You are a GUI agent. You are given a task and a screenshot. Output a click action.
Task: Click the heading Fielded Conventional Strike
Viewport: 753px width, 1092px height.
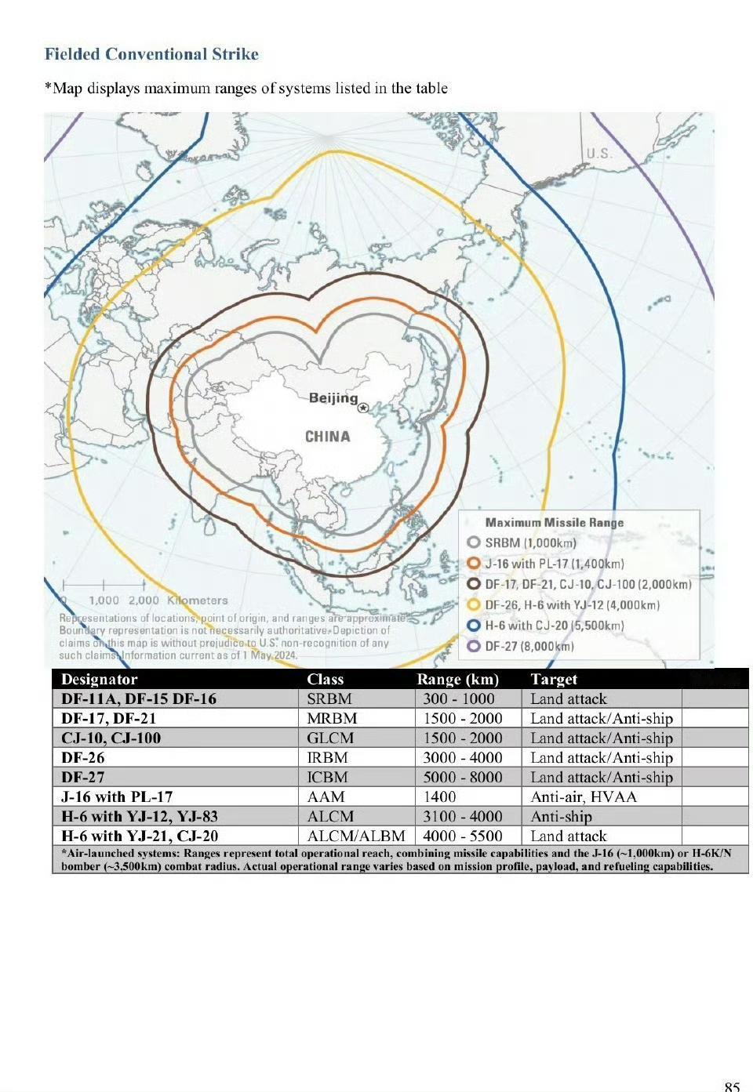point(151,54)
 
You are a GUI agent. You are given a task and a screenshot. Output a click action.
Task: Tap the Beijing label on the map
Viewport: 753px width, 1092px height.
point(333,397)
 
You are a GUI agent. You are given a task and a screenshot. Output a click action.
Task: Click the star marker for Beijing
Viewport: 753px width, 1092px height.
point(363,408)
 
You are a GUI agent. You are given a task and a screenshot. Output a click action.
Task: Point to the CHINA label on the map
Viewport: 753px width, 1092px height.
point(327,437)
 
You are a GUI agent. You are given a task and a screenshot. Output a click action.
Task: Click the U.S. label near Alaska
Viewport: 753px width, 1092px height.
point(600,154)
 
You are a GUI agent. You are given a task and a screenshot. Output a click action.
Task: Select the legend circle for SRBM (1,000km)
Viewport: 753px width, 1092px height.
point(473,542)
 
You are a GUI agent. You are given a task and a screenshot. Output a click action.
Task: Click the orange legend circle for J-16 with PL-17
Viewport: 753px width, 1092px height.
point(473,564)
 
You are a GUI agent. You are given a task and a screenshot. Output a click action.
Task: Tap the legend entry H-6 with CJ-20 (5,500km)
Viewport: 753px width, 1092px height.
point(554,626)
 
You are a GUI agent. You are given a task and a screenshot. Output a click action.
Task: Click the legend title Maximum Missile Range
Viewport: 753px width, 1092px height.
point(554,522)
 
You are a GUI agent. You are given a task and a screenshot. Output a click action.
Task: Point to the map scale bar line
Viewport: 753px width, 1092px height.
point(104,585)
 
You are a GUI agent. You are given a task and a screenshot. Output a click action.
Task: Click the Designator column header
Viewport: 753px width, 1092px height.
point(100,679)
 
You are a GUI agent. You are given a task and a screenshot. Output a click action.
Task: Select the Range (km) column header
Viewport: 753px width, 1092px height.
point(457,679)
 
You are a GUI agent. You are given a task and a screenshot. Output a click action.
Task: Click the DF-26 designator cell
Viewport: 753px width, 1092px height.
point(83,757)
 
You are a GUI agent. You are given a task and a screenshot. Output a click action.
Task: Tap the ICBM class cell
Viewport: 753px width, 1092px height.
point(327,777)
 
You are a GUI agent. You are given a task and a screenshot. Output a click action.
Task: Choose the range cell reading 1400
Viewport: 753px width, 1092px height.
point(439,796)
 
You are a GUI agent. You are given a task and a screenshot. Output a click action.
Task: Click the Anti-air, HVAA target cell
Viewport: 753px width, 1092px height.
point(584,796)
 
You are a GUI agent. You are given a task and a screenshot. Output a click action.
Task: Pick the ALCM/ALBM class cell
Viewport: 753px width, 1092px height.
point(356,836)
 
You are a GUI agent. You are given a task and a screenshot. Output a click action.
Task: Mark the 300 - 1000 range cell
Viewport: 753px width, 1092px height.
point(459,698)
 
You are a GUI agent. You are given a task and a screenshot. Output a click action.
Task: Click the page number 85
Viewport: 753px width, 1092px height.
point(731,1086)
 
